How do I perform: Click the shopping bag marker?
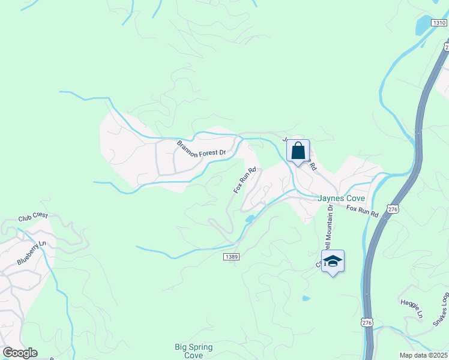[x=298, y=151]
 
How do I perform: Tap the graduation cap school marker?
[x=333, y=262]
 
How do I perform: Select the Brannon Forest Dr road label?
[x=201, y=148]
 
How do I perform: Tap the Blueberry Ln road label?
[x=32, y=253]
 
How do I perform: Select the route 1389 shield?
[x=232, y=256]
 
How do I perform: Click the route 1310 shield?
[x=439, y=22]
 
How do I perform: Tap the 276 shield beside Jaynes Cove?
[x=393, y=209]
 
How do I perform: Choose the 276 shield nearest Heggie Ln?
[x=367, y=323]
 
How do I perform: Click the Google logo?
[x=20, y=353]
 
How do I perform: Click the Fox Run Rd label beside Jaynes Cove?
[x=362, y=211]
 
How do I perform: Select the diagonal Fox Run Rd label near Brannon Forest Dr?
[x=245, y=179]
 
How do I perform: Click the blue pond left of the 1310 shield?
[x=423, y=25]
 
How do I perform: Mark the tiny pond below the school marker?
[x=307, y=298]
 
